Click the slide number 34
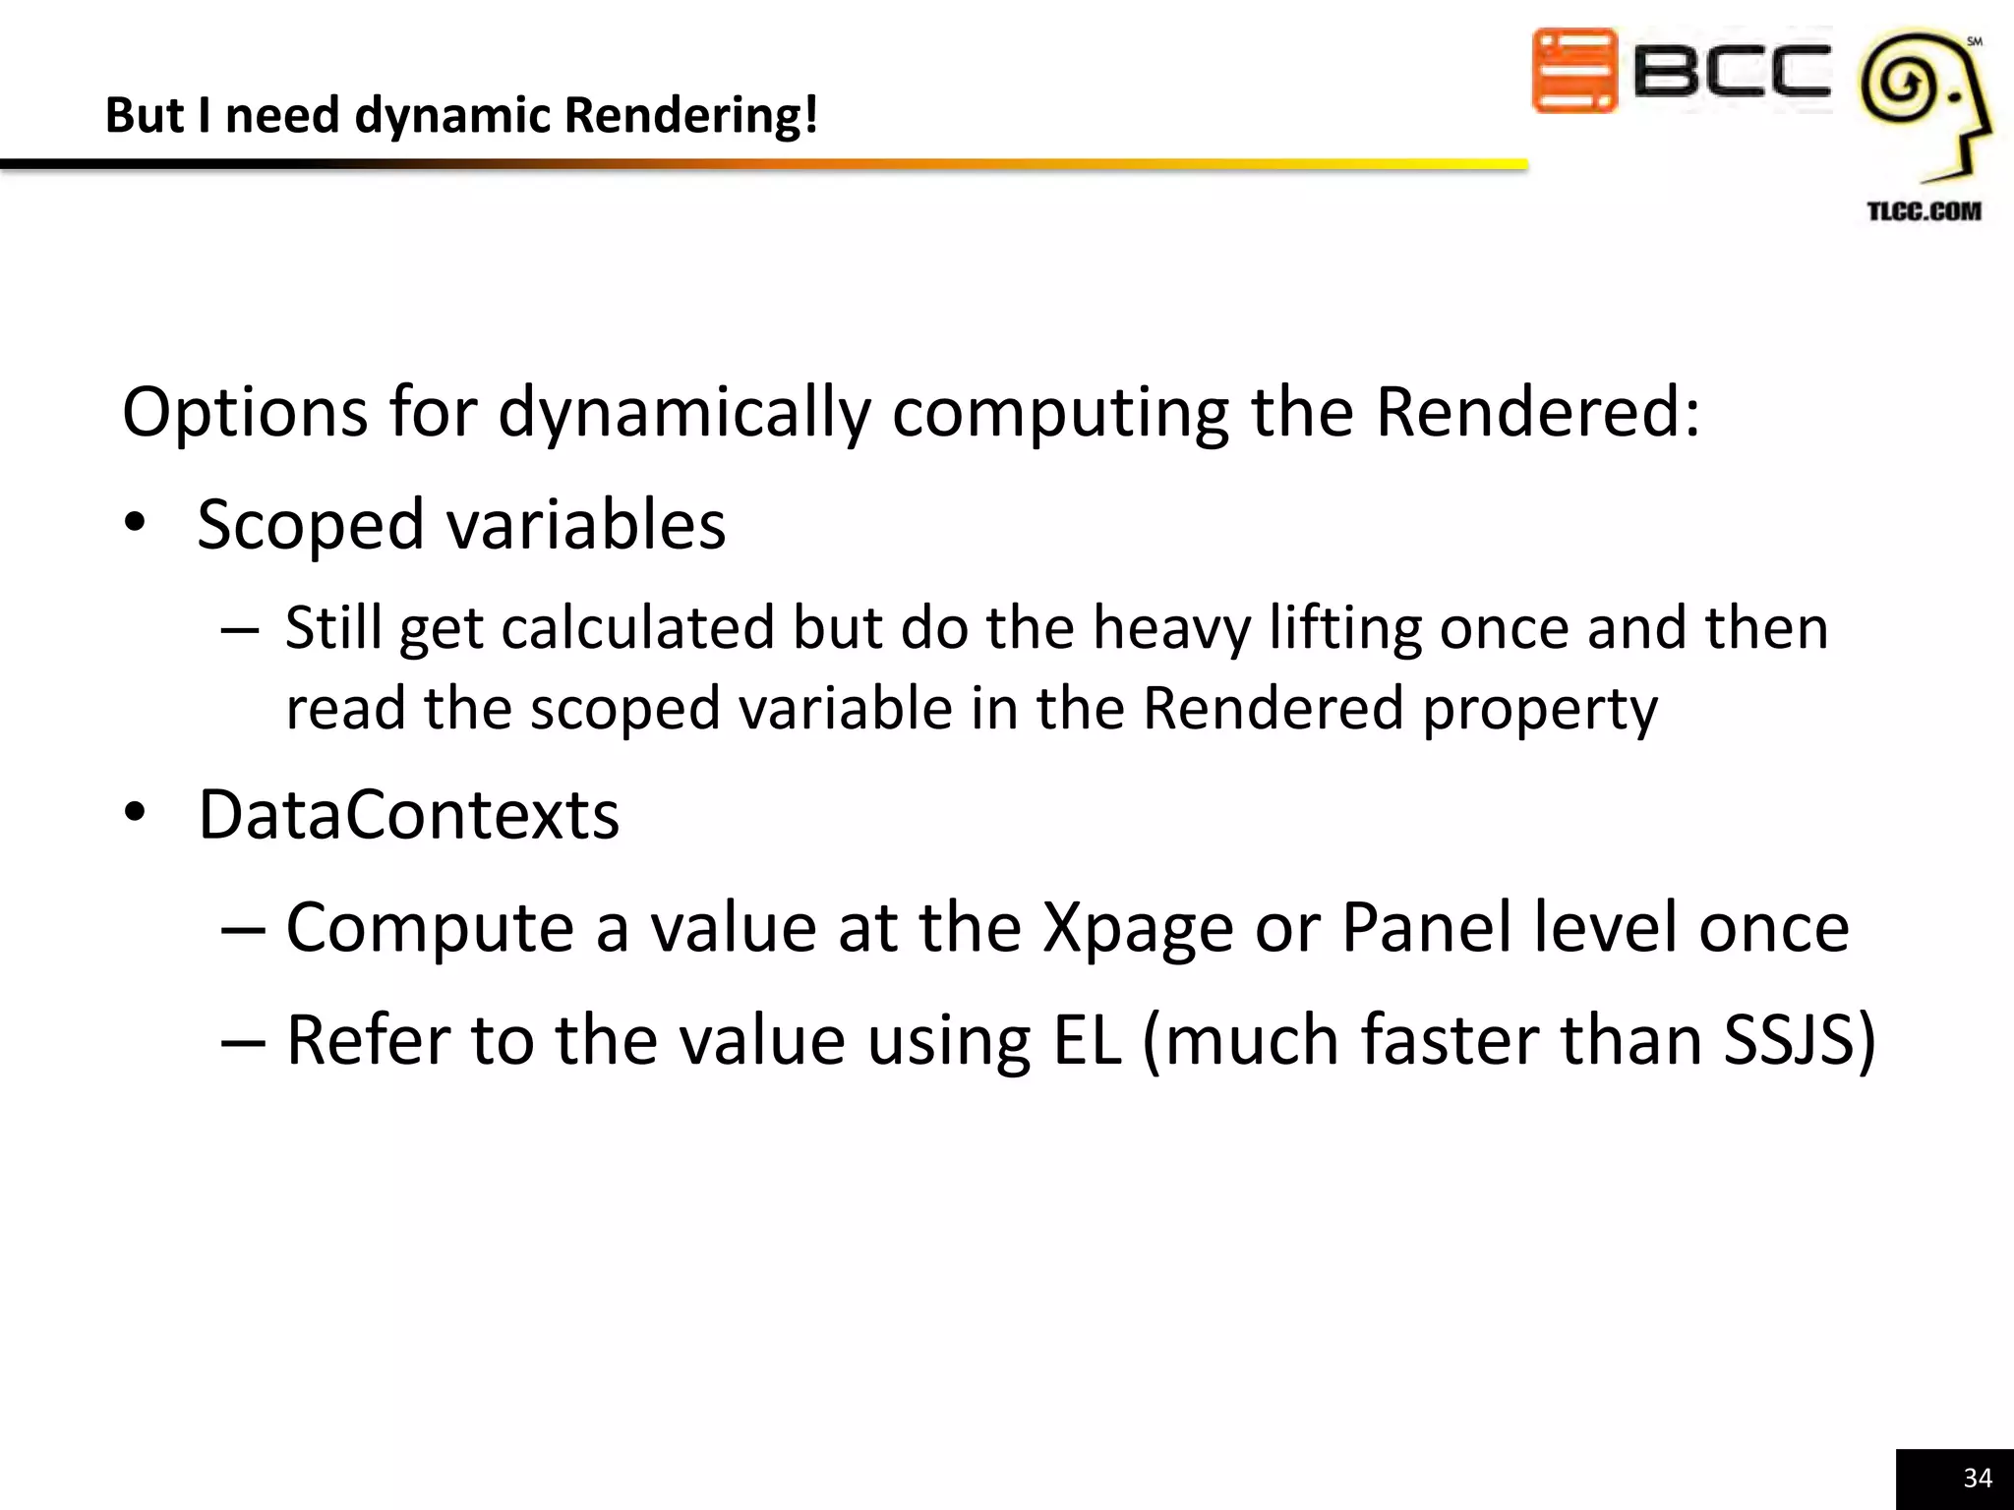[x=1977, y=1478]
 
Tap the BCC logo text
[x=1732, y=72]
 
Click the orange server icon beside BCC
[x=1573, y=71]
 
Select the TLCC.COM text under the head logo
[x=1924, y=211]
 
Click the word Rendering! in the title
[x=691, y=115]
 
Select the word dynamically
[x=684, y=413]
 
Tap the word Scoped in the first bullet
[x=313, y=524]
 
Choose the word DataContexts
[x=409, y=815]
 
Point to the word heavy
[x=1171, y=629]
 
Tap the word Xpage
[x=1138, y=929]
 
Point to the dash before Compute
[x=243, y=929]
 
